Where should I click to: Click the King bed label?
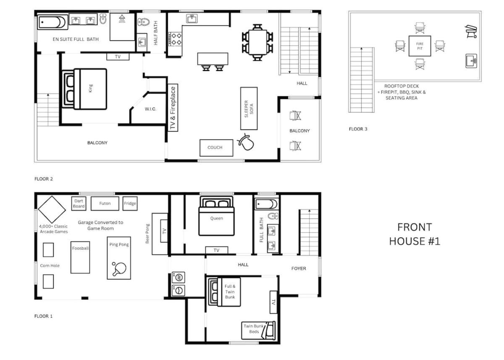point(90,88)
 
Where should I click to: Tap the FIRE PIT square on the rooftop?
point(420,46)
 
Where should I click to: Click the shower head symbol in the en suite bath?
point(122,18)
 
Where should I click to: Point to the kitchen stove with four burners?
point(175,39)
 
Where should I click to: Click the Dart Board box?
point(79,204)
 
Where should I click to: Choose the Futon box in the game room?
point(105,204)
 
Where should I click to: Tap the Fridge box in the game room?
point(130,204)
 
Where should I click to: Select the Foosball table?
point(80,258)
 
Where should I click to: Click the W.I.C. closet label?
point(150,109)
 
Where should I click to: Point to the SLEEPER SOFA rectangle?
point(249,108)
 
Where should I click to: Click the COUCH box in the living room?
point(216,148)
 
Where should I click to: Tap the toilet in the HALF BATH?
point(144,22)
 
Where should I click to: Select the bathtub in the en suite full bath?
point(52,22)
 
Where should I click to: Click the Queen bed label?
point(217,218)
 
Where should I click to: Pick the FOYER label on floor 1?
point(299,268)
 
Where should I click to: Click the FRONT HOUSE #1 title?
point(415,234)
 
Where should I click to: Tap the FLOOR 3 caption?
point(358,129)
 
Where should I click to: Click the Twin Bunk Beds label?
point(254,329)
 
